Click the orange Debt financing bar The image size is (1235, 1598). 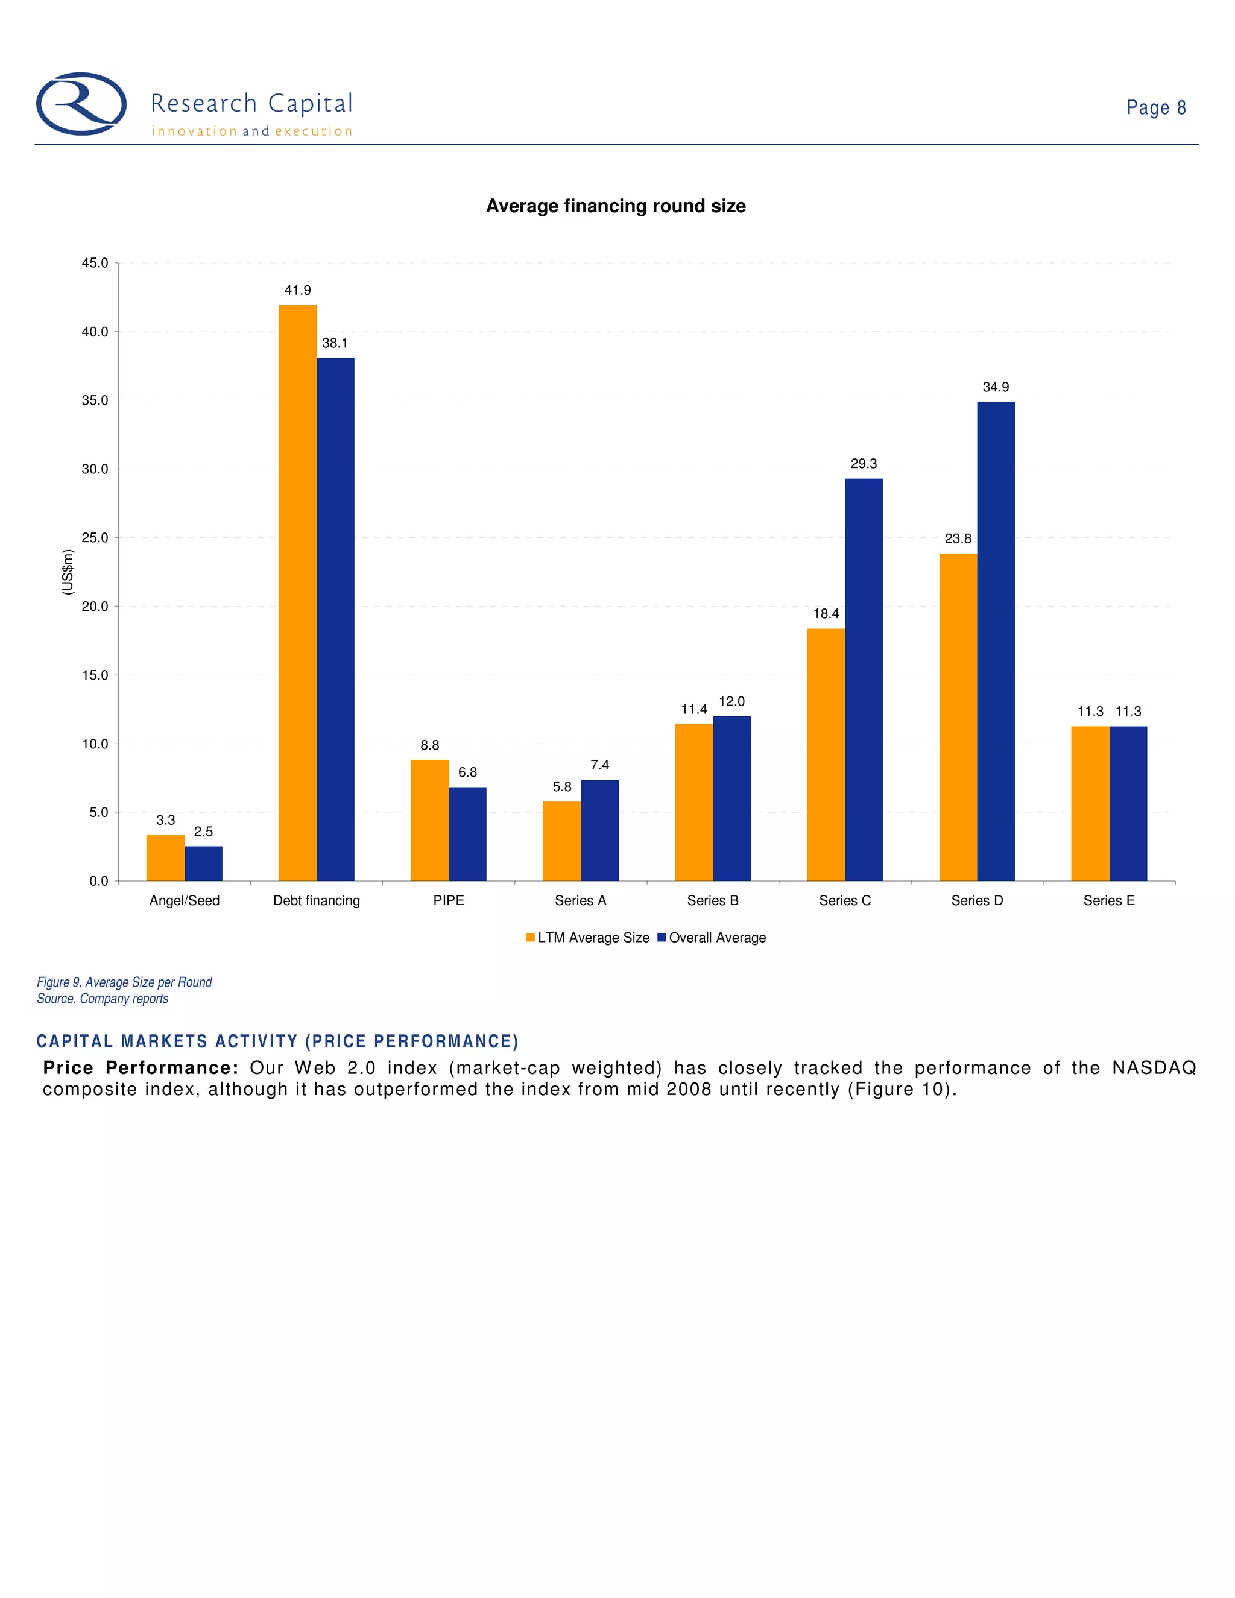pos(297,593)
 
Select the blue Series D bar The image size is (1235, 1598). pos(996,641)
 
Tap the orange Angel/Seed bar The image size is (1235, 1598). pos(165,857)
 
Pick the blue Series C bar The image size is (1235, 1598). pos(864,679)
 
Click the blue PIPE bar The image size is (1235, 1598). pos(467,833)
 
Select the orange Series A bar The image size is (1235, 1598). pos(562,841)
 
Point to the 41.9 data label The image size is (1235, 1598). pos(297,291)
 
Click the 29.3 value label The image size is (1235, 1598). pos(864,464)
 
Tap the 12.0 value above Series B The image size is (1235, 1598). pos(731,702)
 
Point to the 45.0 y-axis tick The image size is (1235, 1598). pos(95,263)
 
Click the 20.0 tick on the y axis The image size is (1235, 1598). pos(95,607)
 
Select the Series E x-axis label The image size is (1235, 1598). pos(1108,901)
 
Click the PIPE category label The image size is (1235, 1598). pos(449,901)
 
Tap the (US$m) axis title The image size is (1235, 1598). pos(68,572)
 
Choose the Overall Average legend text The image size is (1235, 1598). pos(717,938)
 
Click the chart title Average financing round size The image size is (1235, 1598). pos(616,206)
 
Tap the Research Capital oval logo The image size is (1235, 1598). pos(81,104)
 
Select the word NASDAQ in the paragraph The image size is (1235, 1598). pos(1154,1069)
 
